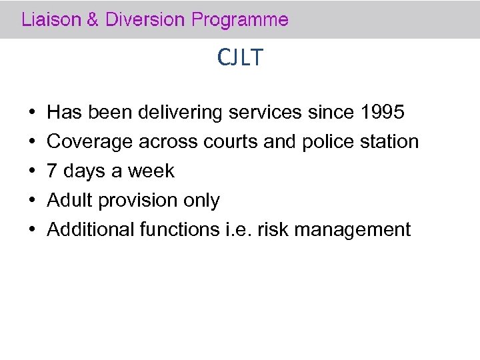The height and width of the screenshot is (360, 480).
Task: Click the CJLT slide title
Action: (240, 59)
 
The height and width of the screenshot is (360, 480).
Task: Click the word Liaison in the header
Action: (51, 19)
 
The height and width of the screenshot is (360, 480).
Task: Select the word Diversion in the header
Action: (145, 19)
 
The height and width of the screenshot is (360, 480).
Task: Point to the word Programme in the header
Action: (240, 19)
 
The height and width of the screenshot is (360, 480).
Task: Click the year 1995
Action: (380, 112)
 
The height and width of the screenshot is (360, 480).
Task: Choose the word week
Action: (151, 171)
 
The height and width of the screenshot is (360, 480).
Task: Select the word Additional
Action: (91, 229)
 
